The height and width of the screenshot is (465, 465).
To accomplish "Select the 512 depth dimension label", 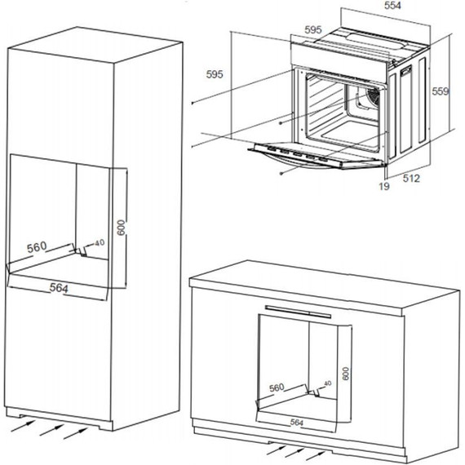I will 410,179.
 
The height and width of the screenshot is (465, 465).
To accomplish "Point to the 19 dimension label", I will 384,187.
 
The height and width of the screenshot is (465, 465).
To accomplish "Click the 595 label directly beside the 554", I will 312,30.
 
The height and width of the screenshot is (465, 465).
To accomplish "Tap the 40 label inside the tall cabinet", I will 100,242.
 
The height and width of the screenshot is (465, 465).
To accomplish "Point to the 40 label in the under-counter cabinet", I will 327,383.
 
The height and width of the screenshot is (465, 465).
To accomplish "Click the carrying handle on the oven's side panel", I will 406,73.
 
